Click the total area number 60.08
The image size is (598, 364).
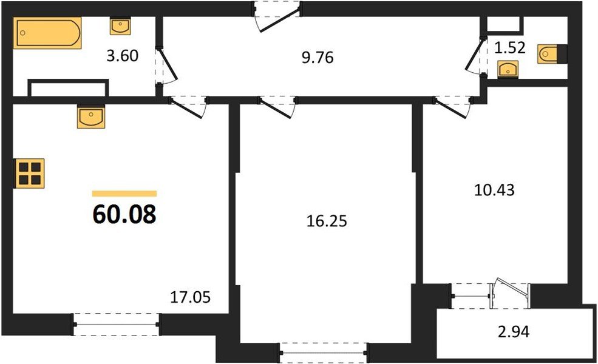point(124,214)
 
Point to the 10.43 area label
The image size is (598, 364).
point(494,190)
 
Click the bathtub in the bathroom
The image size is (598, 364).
point(49,33)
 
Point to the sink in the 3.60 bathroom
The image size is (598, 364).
point(120,26)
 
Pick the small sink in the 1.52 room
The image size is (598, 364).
point(506,70)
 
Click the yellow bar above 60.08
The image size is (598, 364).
point(124,194)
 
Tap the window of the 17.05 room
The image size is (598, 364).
point(117,325)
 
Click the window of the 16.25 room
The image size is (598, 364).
point(324,351)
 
